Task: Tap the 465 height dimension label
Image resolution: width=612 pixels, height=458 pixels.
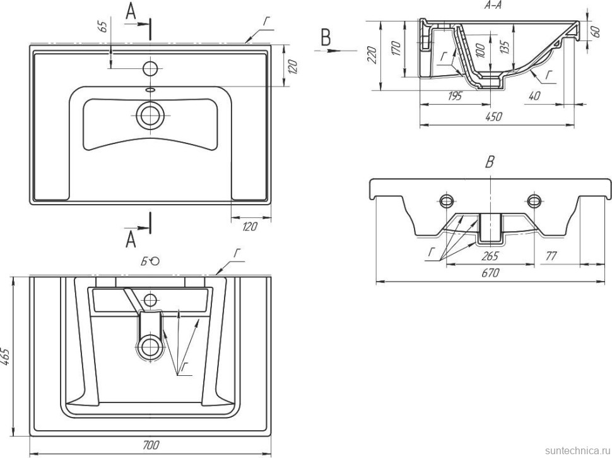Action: pos(5,358)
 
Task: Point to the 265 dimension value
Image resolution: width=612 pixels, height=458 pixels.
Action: pos(490,256)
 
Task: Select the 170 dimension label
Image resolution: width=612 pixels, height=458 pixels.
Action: pos(395,49)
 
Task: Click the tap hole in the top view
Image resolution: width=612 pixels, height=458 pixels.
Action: pos(151,68)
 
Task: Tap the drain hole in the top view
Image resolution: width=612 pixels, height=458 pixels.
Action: pos(150,116)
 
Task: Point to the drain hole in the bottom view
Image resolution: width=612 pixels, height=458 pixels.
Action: pos(150,346)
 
